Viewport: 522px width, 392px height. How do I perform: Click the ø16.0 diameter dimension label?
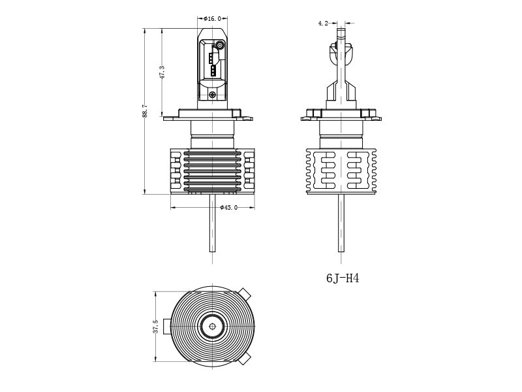[x=212, y=19]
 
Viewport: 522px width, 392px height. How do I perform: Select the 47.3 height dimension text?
[x=161, y=72]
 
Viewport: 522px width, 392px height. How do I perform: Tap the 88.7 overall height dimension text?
[x=144, y=111]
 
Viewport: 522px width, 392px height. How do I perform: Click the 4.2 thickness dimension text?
[x=323, y=24]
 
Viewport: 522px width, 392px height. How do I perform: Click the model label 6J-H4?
[x=343, y=278]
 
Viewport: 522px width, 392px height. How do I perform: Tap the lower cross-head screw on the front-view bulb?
[x=212, y=95]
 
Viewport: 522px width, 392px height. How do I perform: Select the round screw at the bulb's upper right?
[x=220, y=46]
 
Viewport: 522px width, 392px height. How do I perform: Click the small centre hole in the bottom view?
[x=212, y=325]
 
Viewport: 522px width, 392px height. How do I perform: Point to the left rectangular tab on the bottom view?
[x=168, y=325]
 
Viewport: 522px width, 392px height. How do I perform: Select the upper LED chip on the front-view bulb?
[x=212, y=57]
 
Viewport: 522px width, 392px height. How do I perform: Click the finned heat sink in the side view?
[x=341, y=170]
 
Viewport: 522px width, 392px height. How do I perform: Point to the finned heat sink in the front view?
[x=212, y=171]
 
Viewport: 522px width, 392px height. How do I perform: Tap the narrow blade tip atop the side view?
[x=341, y=33]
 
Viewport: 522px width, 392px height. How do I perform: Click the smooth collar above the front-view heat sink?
[x=212, y=140]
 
